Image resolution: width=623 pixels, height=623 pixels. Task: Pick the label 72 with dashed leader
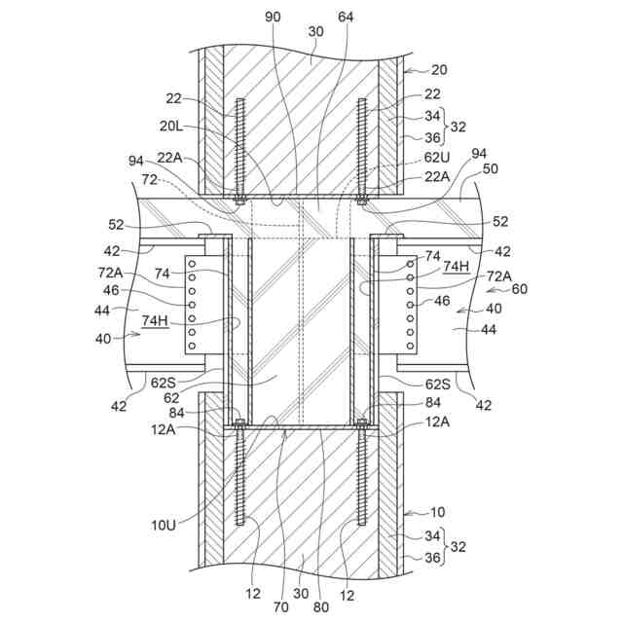coord(149,181)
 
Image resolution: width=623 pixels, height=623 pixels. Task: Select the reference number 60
coord(519,289)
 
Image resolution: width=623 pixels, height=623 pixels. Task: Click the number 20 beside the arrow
coord(440,69)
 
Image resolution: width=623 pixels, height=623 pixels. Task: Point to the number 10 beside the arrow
coord(438,510)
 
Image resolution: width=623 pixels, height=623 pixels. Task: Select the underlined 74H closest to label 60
coord(455,265)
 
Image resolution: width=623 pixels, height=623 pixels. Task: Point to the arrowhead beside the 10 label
coord(407,510)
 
